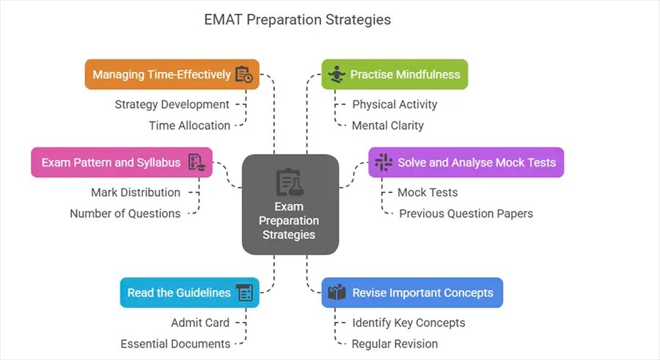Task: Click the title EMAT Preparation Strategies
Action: point(297,20)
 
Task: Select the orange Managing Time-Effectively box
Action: point(172,74)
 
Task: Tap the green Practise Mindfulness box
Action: point(395,74)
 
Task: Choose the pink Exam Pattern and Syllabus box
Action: point(122,162)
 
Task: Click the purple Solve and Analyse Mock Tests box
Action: point(466,162)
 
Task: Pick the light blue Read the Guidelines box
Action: point(189,293)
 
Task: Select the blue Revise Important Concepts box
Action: point(412,293)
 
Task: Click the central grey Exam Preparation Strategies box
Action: point(290,204)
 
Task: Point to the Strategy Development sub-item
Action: point(172,104)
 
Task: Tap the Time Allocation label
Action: point(189,125)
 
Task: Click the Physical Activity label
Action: point(395,104)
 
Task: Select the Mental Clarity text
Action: point(388,125)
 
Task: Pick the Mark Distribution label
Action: point(136,192)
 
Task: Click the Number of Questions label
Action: point(125,213)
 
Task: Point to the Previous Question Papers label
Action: point(466,213)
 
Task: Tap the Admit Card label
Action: point(200,323)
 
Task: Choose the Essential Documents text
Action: point(175,344)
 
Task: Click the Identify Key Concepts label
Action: point(408,323)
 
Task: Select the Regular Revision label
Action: point(395,344)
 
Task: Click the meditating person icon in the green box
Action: point(337,74)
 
